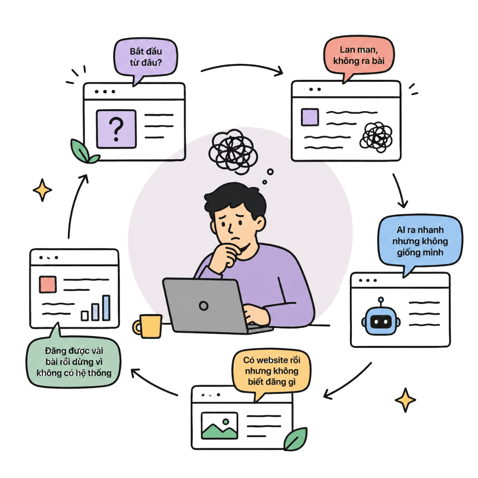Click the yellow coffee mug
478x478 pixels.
coord(148,326)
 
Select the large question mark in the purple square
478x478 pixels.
coord(116,130)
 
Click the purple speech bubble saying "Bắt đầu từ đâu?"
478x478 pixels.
coord(146,58)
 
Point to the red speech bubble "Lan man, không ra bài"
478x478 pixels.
coord(359,56)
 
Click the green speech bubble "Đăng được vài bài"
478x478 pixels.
coord(74,361)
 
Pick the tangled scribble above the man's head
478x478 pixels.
coord(233,152)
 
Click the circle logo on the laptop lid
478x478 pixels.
coord(204,305)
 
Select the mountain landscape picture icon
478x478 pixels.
coord(219,425)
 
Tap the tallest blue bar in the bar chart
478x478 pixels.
coord(107,308)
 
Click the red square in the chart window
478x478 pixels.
coord(48,284)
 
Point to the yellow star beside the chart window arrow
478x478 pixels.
coord(42,190)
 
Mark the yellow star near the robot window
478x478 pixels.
coord(405,400)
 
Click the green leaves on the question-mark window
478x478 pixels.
coord(83,152)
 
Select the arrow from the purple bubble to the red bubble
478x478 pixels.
coord(242,65)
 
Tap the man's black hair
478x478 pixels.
coord(235,198)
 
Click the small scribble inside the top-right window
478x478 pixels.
coord(376,137)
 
